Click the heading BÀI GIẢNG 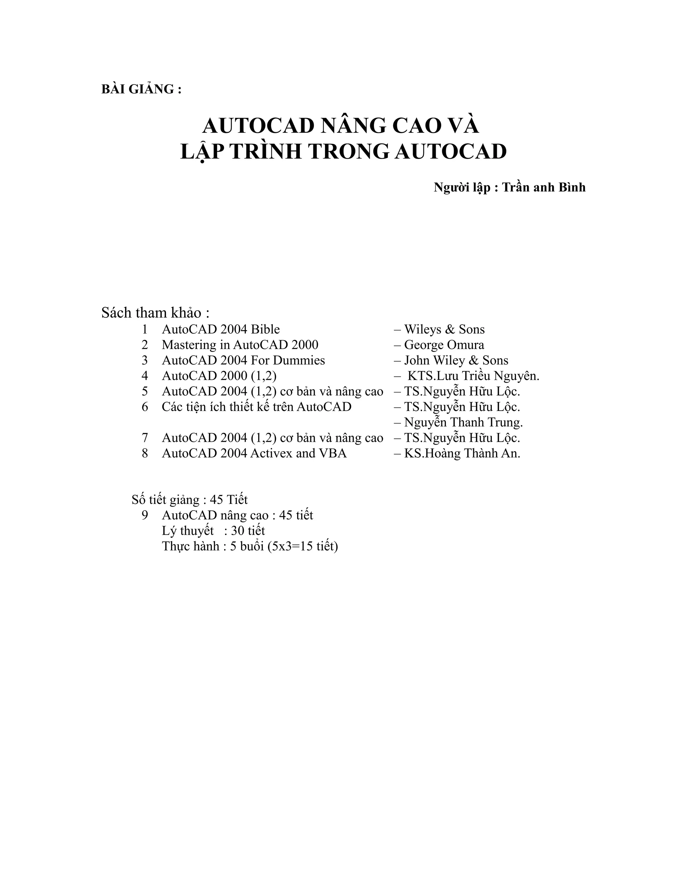click(141, 89)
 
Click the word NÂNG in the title click(353, 125)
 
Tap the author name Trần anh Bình click(544, 187)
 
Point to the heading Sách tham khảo click(155, 313)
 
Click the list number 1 click(145, 329)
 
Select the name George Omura click(444, 345)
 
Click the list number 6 click(145, 407)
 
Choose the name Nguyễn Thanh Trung click(463, 422)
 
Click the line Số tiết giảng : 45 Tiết click(190, 500)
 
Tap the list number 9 click(145, 515)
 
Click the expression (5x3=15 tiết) click(303, 546)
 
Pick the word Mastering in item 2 click(189, 345)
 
